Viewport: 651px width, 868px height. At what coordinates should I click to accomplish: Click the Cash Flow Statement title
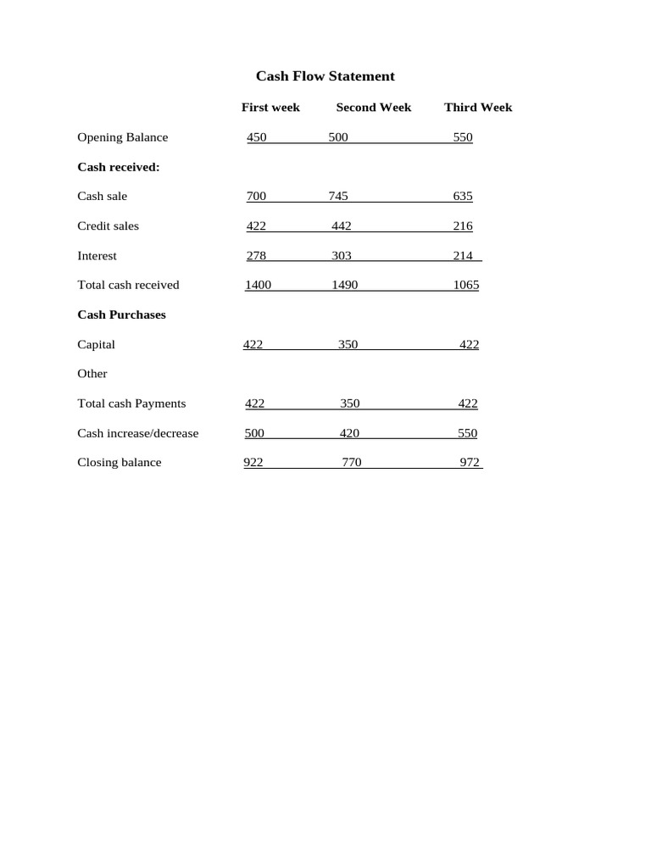tap(325, 76)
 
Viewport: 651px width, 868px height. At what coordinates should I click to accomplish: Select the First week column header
tap(270, 108)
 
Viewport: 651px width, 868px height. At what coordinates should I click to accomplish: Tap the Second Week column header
tap(373, 108)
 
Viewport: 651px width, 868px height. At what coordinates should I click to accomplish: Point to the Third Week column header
tap(478, 108)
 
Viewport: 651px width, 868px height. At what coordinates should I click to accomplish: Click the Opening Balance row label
tap(122, 137)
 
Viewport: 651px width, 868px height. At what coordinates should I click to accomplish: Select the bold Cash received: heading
tap(118, 167)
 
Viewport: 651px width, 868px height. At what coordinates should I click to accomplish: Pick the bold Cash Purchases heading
tap(121, 314)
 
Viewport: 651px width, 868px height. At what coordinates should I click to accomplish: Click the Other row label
tap(92, 374)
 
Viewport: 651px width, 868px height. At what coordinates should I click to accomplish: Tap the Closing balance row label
tap(119, 463)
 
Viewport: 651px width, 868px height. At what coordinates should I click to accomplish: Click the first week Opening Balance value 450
tap(256, 137)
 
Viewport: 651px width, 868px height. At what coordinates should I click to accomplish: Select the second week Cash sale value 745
tap(338, 197)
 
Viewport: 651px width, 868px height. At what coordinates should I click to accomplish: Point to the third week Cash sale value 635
tap(463, 197)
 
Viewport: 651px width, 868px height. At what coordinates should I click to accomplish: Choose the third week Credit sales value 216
tap(463, 226)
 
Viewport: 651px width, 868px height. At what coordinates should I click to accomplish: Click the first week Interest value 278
tap(256, 256)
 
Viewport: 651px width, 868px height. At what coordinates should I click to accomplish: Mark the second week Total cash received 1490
tap(345, 286)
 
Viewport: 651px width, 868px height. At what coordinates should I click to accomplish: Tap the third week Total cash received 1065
tap(465, 286)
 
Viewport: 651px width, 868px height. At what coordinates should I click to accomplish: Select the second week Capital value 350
tap(348, 345)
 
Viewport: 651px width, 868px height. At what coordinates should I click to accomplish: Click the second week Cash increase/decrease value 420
tap(349, 433)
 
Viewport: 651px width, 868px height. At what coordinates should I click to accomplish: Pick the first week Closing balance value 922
tap(253, 463)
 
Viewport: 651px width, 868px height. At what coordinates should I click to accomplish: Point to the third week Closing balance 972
tap(470, 463)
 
